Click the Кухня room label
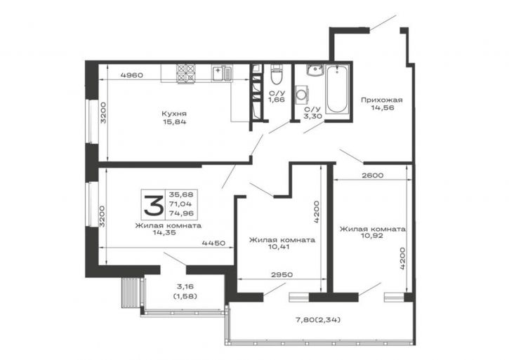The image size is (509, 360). pyautogui.click(x=174, y=114)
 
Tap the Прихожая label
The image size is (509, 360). pyautogui.click(x=382, y=100)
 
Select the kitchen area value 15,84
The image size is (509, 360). pyautogui.click(x=174, y=122)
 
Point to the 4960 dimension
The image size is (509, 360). pyautogui.click(x=131, y=75)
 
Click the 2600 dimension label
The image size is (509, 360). pyautogui.click(x=372, y=175)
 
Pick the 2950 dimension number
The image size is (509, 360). pyautogui.click(x=282, y=274)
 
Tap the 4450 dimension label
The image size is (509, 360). pyautogui.click(x=213, y=243)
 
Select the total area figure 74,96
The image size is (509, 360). pyautogui.click(x=181, y=213)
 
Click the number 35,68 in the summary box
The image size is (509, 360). pyautogui.click(x=181, y=195)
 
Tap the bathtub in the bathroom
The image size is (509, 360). pyautogui.click(x=337, y=88)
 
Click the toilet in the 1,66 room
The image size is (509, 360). pyautogui.click(x=277, y=74)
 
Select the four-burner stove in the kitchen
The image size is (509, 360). pyautogui.click(x=185, y=74)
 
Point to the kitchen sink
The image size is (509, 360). pyautogui.click(x=223, y=74)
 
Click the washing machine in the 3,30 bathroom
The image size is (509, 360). pyautogui.click(x=302, y=95)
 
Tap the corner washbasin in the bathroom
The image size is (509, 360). pyautogui.click(x=315, y=70)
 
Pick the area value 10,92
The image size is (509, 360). pyautogui.click(x=371, y=236)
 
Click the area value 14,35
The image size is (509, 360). pyautogui.click(x=164, y=232)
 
